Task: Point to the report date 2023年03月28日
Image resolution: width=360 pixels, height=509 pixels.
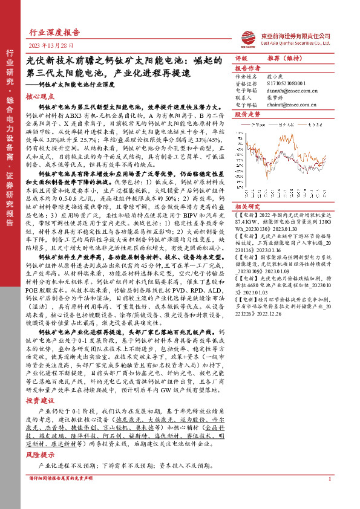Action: [x=51, y=45]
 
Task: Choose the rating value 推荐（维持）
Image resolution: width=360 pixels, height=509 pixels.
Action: [x=283, y=58]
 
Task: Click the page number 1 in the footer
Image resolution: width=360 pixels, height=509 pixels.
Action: [x=329, y=496]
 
